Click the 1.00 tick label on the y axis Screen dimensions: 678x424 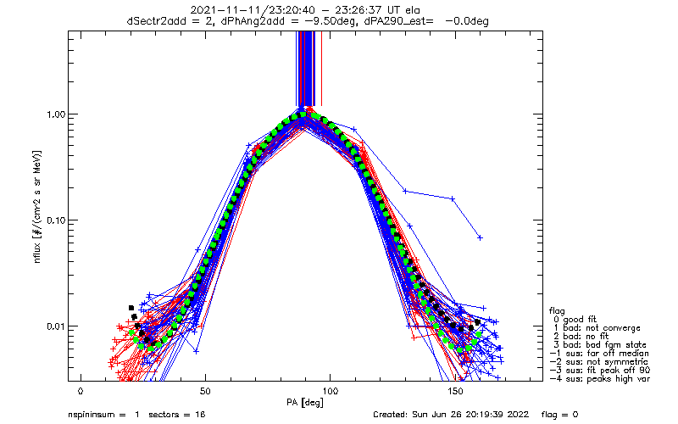tap(55, 114)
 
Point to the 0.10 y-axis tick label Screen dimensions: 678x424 tap(55, 220)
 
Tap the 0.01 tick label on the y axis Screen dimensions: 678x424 tap(55, 326)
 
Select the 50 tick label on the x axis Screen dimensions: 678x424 tap(205, 391)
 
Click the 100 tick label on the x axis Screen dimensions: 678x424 tap(330, 391)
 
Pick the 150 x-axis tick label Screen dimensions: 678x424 tap(455, 391)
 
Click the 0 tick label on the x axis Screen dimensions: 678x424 tap(81, 391)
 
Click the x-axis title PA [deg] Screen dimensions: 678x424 tap(305, 403)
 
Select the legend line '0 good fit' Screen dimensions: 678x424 tap(575, 320)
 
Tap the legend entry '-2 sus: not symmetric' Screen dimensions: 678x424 tap(599, 362)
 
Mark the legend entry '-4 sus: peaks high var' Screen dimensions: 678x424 tap(600, 379)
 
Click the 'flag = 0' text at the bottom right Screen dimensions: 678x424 tap(559, 415)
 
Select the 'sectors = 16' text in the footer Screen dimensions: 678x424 tap(177, 415)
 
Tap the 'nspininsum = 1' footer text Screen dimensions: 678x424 tap(103, 415)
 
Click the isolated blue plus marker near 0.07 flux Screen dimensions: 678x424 tap(480, 238)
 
